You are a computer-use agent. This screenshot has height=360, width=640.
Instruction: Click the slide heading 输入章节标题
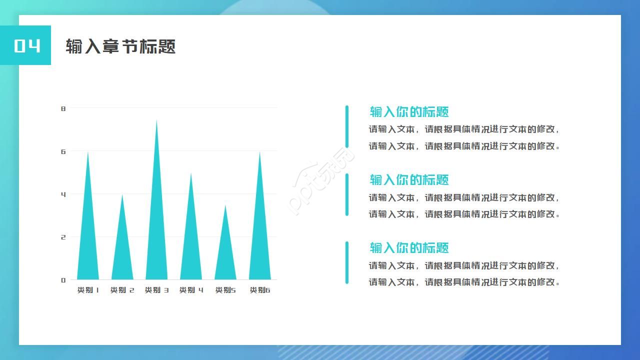[x=120, y=46]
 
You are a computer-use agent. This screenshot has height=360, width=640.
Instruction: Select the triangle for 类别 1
[x=88, y=240]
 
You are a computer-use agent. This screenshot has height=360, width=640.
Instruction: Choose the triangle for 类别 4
[x=191, y=245]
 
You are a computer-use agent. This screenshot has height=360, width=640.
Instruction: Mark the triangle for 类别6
[x=259, y=240]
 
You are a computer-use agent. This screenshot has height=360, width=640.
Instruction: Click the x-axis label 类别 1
[x=88, y=290]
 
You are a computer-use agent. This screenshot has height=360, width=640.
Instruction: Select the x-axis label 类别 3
[x=156, y=290]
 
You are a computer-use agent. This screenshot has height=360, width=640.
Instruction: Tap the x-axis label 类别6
[x=260, y=290]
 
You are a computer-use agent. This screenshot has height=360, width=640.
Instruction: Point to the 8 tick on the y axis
[x=63, y=108]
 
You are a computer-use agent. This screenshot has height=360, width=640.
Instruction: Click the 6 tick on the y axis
[x=63, y=151]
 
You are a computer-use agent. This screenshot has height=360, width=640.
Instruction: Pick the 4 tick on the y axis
[x=63, y=194]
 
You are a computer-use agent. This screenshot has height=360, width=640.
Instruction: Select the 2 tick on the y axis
[x=63, y=237]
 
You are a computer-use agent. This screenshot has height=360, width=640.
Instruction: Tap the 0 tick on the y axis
[x=63, y=280]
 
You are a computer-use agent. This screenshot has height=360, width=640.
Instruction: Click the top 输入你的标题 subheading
[x=409, y=111]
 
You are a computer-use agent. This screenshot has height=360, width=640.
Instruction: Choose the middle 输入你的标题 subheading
[x=409, y=179]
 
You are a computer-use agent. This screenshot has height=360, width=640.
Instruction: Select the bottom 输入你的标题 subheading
[x=409, y=247]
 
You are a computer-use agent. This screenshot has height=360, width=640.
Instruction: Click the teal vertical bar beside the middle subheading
[x=347, y=194]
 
